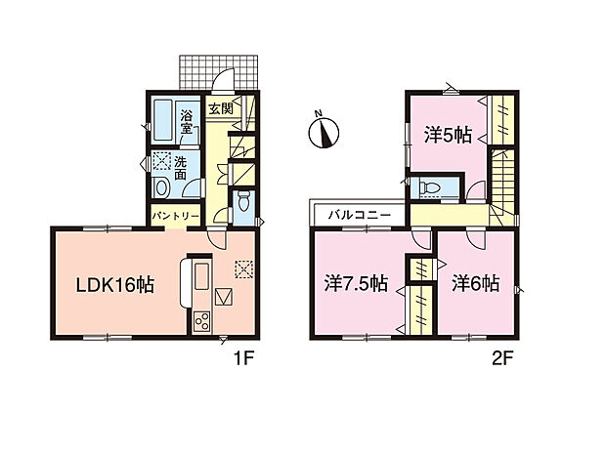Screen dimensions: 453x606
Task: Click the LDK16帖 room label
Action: (x=114, y=286)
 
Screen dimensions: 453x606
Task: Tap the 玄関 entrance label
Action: (x=219, y=108)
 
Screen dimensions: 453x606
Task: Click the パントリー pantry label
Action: (x=176, y=215)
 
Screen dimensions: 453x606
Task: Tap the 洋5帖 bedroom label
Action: (x=451, y=136)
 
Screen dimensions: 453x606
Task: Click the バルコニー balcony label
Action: (x=359, y=213)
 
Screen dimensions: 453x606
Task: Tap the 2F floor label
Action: (x=502, y=358)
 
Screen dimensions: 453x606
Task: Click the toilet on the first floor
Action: (x=244, y=201)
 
